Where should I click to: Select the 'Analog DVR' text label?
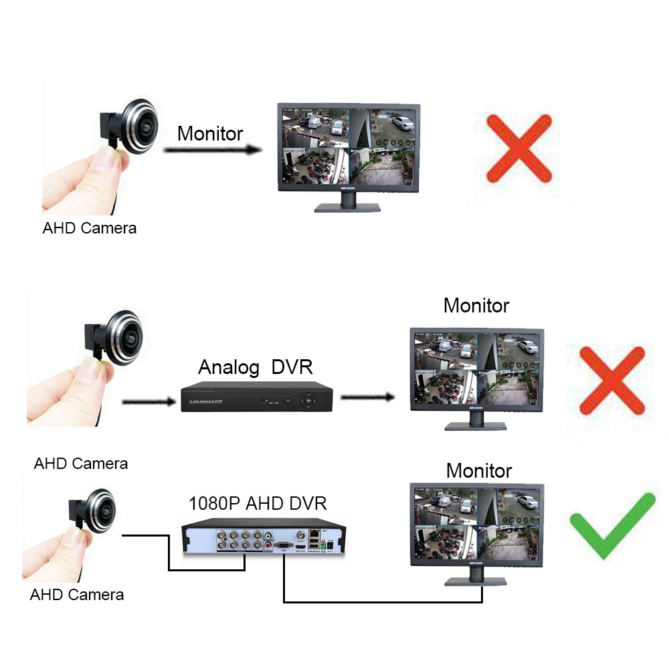pyautogui.click(x=255, y=367)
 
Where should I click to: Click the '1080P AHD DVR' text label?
pyautogui.click(x=258, y=503)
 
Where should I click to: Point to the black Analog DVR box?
pyautogui.click(x=256, y=398)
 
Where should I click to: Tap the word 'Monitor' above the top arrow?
pyautogui.click(x=210, y=134)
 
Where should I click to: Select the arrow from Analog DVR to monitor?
pyautogui.click(x=367, y=397)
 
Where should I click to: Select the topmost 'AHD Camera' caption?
pyautogui.click(x=90, y=228)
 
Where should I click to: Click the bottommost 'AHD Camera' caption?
pyautogui.click(x=77, y=594)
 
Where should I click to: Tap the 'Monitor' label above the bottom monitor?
pyautogui.click(x=479, y=470)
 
